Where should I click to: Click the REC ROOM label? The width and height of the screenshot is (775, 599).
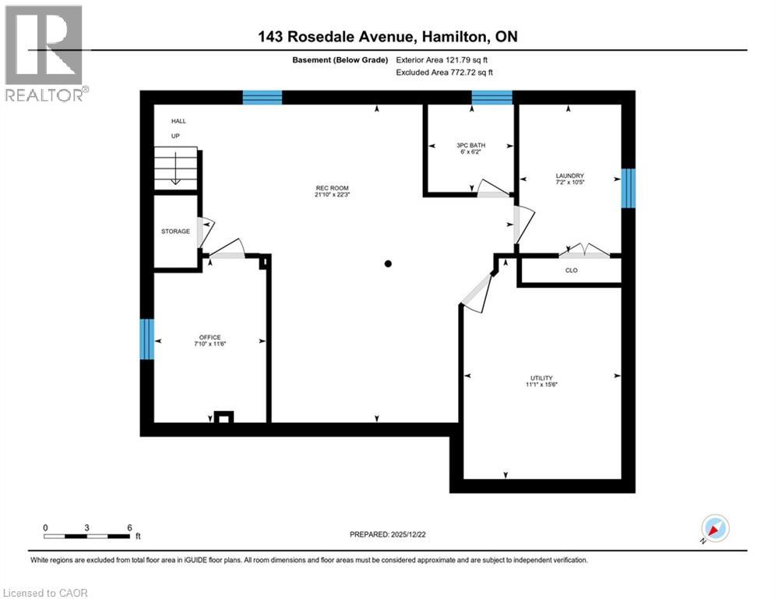click(x=332, y=188)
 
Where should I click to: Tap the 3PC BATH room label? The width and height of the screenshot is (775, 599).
click(x=470, y=145)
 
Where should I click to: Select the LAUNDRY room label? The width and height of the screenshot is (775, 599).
click(x=570, y=175)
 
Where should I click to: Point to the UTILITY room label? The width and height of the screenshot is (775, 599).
click(x=541, y=377)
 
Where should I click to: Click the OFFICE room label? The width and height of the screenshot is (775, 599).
click(x=210, y=337)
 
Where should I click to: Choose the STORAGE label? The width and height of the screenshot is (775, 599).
click(x=175, y=231)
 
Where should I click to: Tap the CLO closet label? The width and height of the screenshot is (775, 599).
click(x=572, y=271)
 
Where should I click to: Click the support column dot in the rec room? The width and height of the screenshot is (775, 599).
click(x=388, y=264)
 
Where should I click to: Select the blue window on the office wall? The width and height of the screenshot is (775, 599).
click(x=146, y=339)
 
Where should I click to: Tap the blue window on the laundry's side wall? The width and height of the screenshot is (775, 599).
click(x=629, y=189)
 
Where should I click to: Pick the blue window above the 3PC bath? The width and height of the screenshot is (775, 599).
click(x=491, y=97)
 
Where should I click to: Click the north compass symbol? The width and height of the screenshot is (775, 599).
click(x=715, y=529)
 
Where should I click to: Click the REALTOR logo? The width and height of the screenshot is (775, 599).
click(x=44, y=53)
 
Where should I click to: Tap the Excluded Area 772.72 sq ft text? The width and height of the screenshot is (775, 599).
click(x=444, y=73)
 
